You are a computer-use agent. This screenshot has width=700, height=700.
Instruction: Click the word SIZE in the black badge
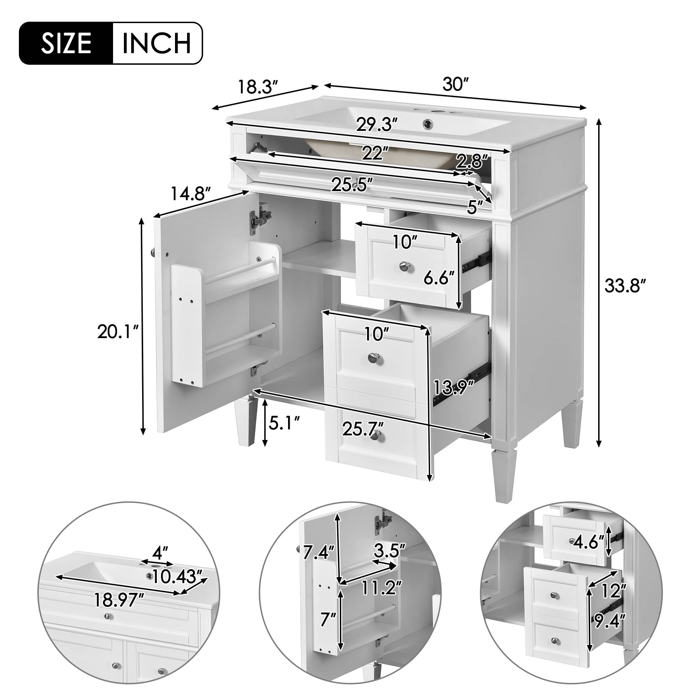(66, 43)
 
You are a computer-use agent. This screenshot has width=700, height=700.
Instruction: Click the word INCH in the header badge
(156, 43)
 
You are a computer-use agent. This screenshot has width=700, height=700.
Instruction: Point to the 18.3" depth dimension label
(258, 97)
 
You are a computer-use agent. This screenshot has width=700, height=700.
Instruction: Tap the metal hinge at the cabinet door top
(258, 219)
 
